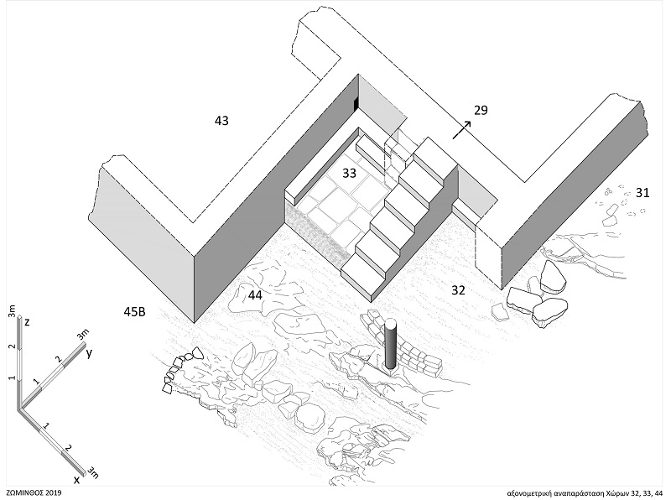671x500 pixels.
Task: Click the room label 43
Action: [221, 122]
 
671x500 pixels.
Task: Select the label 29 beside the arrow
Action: [480, 110]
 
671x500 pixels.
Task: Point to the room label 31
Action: [642, 194]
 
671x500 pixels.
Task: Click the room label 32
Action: [457, 292]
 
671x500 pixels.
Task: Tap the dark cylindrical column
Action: [389, 345]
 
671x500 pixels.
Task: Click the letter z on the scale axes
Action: [29, 322]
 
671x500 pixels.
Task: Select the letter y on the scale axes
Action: [88, 353]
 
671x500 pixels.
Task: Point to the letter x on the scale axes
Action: [76, 479]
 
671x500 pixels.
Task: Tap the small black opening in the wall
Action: [356, 103]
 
